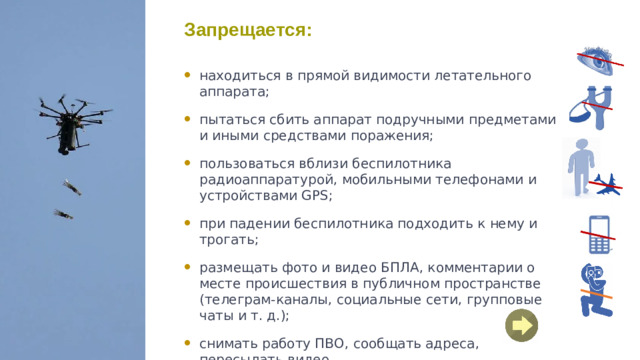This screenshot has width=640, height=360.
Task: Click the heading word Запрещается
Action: pos(248,31)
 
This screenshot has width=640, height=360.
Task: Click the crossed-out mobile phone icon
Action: pos(600,234)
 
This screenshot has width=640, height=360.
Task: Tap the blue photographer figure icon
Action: pos(597,290)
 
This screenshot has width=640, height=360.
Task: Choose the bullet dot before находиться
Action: pos(189,76)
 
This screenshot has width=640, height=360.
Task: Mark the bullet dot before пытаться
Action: pos(189,120)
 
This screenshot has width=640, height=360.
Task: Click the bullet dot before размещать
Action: pos(189,268)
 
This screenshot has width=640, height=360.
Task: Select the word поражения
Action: pos(395,135)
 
